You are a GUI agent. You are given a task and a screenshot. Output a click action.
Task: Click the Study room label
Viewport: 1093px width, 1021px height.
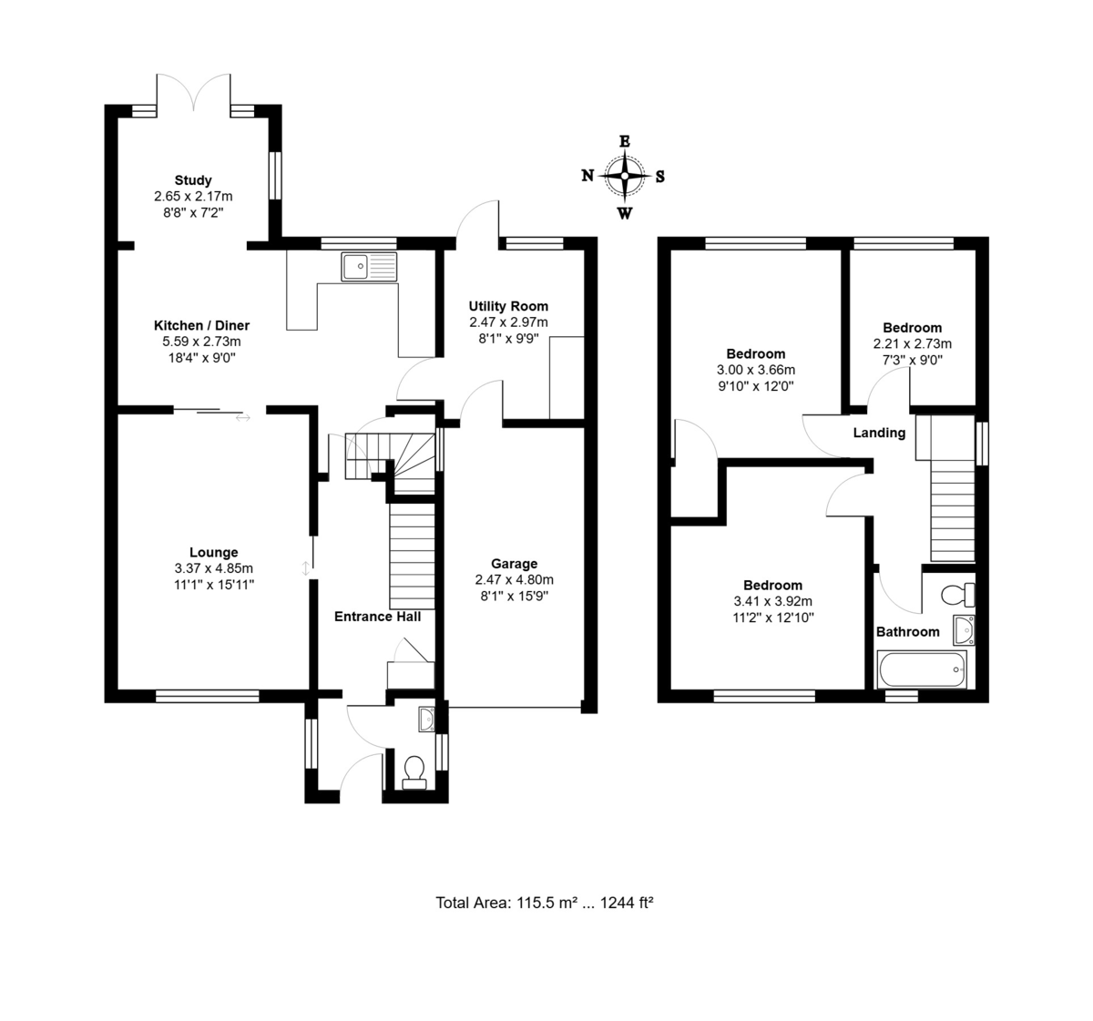[193, 180]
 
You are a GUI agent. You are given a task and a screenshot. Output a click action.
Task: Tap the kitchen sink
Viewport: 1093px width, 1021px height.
[369, 266]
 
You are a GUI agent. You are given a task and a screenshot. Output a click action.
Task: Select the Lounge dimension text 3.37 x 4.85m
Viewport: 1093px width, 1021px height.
[213, 568]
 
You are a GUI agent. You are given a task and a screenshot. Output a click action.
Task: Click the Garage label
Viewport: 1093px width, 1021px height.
[514, 564]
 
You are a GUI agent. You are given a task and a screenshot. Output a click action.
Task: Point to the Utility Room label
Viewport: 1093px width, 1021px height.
[508, 306]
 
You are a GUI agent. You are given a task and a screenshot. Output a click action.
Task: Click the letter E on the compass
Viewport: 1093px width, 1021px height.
[625, 141]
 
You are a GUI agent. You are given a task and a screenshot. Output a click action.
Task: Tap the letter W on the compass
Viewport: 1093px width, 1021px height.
[625, 213]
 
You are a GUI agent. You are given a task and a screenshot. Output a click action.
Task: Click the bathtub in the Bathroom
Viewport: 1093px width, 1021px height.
[922, 669]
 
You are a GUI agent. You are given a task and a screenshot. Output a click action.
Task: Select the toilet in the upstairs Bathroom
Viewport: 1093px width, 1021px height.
[958, 595]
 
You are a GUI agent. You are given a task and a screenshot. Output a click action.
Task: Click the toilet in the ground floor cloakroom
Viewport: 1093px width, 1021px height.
[414, 772]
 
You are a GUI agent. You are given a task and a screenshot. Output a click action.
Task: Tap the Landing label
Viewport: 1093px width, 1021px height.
[879, 433]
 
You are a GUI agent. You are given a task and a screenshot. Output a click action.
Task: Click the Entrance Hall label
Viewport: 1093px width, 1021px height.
[378, 617]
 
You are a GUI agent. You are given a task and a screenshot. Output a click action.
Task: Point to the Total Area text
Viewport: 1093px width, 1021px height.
[545, 903]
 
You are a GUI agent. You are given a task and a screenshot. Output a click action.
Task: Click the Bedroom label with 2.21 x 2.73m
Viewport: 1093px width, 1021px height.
[912, 328]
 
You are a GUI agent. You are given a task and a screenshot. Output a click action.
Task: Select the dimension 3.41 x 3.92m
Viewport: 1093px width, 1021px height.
[772, 602]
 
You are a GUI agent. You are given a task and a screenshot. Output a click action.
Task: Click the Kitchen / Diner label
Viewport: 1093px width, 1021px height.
[201, 325]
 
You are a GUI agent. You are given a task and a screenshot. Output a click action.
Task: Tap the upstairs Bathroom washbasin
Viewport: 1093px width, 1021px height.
[965, 630]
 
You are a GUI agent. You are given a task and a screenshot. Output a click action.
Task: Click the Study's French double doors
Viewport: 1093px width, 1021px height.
[194, 94]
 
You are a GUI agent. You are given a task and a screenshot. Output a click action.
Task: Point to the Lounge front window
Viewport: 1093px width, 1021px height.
[208, 696]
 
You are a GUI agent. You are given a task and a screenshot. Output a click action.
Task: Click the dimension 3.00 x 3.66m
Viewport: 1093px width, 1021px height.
[756, 370]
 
